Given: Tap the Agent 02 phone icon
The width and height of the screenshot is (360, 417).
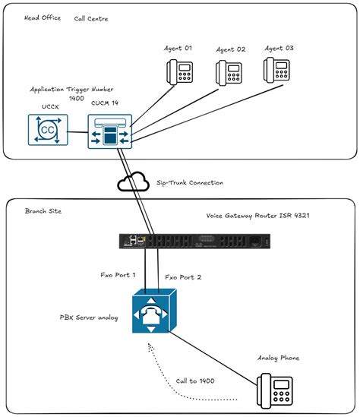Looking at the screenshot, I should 229,71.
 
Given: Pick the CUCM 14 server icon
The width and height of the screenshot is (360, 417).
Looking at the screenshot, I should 109,132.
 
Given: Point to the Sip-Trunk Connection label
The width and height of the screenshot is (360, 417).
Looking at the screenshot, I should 190,183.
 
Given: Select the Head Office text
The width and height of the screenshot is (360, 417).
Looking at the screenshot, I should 40,17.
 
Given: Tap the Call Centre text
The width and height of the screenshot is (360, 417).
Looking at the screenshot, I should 91,18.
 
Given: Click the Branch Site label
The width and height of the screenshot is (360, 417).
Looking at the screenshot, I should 43,210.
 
